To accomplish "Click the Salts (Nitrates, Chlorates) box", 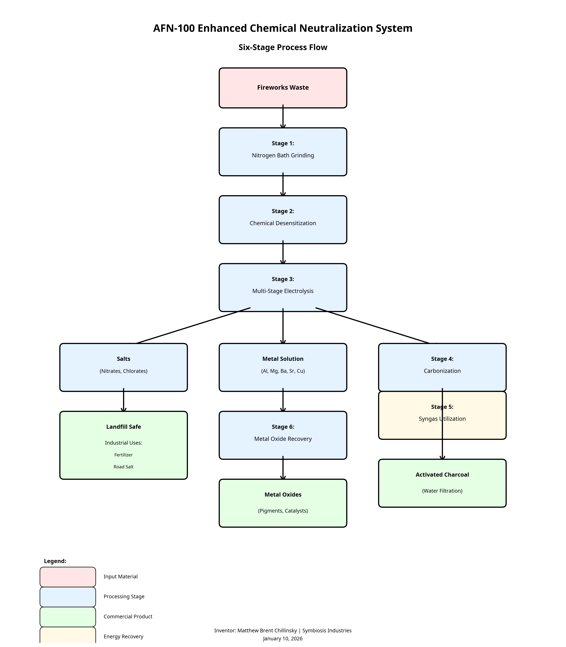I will pyautogui.click(x=124, y=367).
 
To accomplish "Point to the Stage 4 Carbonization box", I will pyautogui.click(x=442, y=367).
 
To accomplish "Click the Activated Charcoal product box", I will pyautogui.click(x=442, y=483).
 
